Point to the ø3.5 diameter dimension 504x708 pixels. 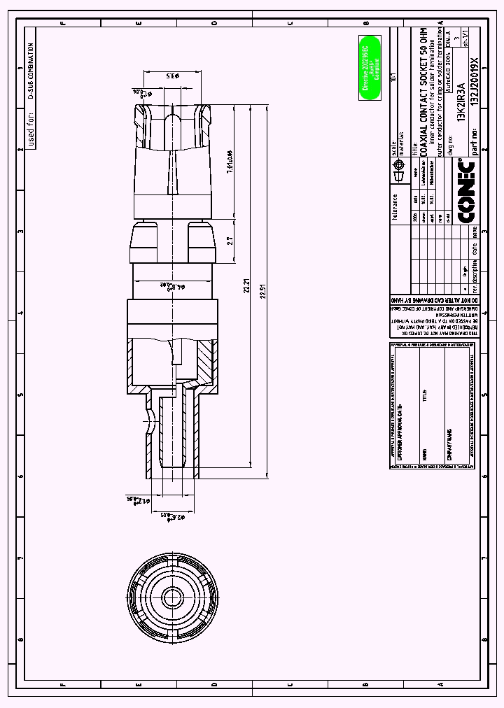(x=170, y=76)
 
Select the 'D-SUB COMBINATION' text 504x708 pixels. (x=31, y=71)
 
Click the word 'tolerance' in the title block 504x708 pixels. (x=395, y=207)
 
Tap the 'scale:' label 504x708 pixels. (x=394, y=149)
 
